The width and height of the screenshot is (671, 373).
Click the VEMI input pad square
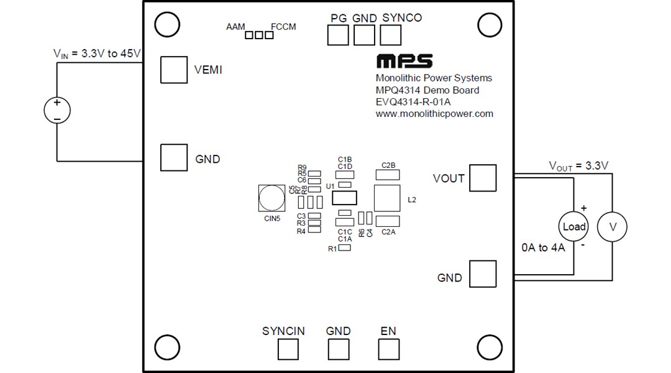(173, 69)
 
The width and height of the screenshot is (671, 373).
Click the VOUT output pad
(483, 178)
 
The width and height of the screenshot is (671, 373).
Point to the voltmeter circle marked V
(612, 228)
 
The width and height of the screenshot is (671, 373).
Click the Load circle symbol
(573, 227)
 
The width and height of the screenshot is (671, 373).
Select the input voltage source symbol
(57, 110)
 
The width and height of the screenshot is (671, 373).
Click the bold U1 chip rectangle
(345, 198)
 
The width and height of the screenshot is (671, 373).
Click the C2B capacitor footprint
(388, 175)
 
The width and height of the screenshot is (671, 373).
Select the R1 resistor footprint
(344, 248)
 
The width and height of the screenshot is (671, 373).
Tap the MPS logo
(404, 62)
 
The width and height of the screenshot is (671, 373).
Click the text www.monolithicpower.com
(434, 114)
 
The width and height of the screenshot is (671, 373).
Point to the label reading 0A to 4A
(543, 248)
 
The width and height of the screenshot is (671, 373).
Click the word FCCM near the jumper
(283, 27)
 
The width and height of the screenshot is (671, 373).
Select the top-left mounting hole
(167, 25)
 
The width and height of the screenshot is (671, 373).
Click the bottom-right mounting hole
(490, 347)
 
